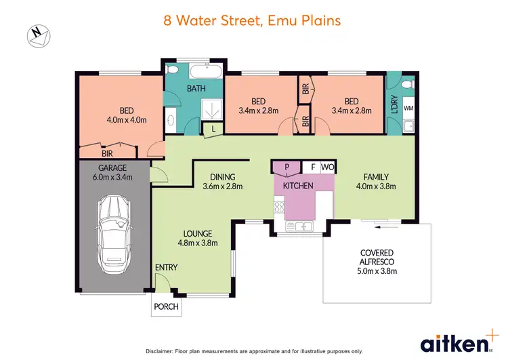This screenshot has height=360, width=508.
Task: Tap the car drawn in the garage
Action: (114, 231)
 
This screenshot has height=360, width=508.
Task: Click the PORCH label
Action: (166, 306)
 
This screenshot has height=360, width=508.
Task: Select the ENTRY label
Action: (166, 268)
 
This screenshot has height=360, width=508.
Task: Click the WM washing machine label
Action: (408, 108)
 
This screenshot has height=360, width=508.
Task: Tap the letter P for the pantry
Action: (287, 167)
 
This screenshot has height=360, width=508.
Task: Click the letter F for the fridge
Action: (312, 167)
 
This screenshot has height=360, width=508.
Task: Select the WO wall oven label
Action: (327, 167)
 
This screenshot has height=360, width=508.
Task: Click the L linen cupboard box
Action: (214, 129)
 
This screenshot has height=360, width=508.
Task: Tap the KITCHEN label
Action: (298, 185)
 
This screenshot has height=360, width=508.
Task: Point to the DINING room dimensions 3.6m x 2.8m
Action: (222, 186)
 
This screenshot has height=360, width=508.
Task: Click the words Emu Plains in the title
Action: (304, 20)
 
